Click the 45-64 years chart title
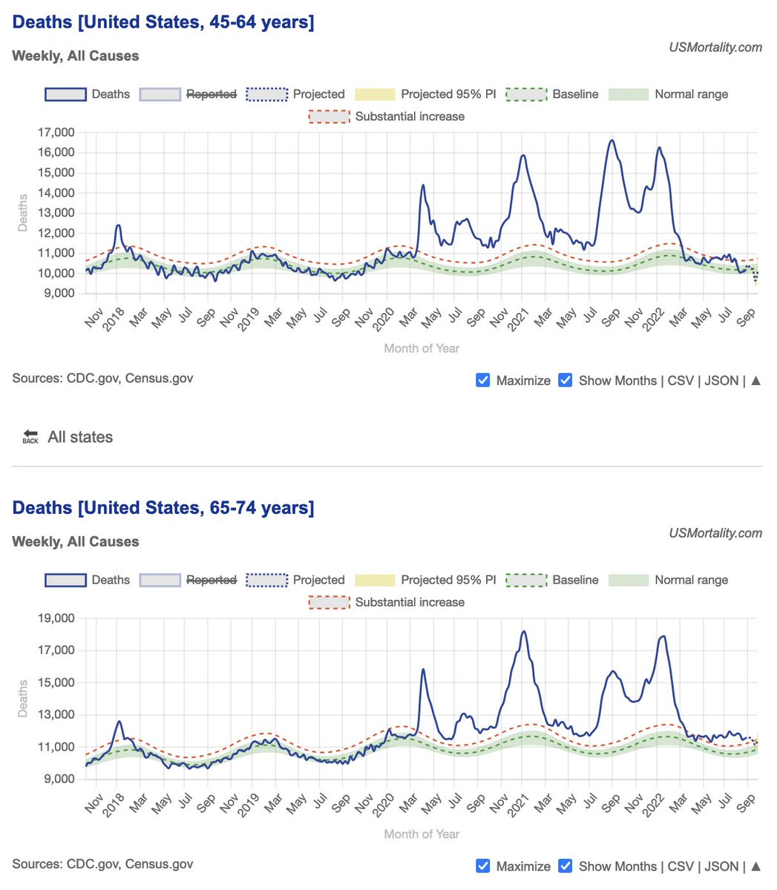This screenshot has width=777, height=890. click(163, 22)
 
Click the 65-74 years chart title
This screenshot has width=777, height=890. click(163, 508)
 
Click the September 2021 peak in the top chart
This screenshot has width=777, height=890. click(612, 140)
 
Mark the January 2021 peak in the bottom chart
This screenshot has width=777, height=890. click(524, 632)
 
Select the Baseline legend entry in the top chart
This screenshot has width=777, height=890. click(552, 94)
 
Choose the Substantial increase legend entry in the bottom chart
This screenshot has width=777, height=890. click(387, 602)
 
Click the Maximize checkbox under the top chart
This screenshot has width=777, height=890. click(483, 380)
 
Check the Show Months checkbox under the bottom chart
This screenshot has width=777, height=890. click(565, 866)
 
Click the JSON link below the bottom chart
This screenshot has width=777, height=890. click(721, 866)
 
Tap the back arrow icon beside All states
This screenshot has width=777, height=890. click(30, 437)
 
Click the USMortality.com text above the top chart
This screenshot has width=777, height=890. click(715, 47)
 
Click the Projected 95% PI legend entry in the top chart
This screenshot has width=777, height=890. click(425, 94)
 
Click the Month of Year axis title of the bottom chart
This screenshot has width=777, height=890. click(422, 834)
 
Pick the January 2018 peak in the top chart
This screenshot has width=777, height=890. click(118, 225)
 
